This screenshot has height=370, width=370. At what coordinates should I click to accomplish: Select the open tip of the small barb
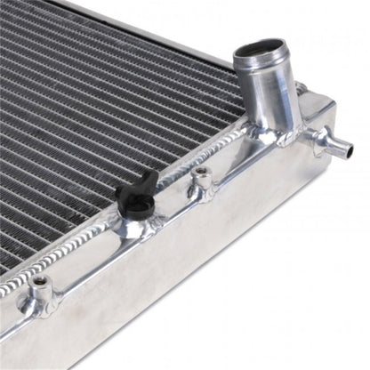tap(349, 149)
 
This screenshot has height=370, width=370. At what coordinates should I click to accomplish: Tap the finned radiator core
tap(98, 107)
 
